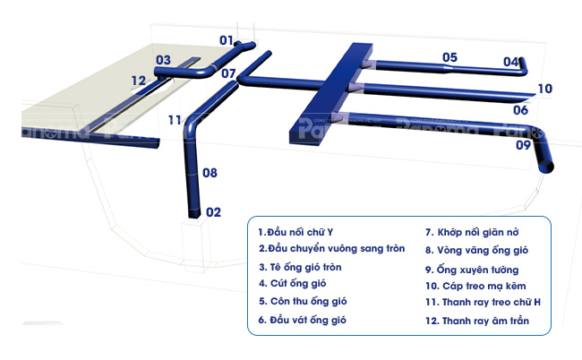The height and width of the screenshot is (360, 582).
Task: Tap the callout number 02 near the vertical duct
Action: [213, 212]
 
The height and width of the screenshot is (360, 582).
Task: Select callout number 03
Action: [162, 60]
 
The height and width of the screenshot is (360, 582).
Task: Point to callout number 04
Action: [510, 62]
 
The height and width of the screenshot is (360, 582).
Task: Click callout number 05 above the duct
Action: [449, 57]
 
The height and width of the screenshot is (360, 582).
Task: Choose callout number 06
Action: [520, 110]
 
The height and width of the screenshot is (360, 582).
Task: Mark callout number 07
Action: [229, 73]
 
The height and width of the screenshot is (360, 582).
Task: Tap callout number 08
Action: [210, 172]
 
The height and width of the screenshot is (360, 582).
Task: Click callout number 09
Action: [523, 144]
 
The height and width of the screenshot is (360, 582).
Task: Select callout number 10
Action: [545, 89]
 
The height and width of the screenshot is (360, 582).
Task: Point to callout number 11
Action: [175, 119]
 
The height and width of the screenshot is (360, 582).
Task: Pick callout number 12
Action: [138, 81]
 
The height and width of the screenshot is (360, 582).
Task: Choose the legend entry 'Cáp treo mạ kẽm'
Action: [475, 286]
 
